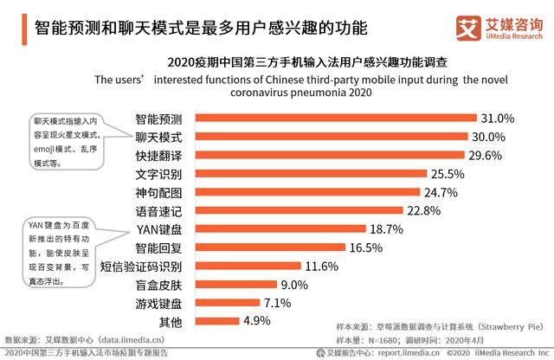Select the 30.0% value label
tap(499, 137)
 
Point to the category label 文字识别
tap(159, 174)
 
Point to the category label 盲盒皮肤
tap(159, 285)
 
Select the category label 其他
tap(171, 322)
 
